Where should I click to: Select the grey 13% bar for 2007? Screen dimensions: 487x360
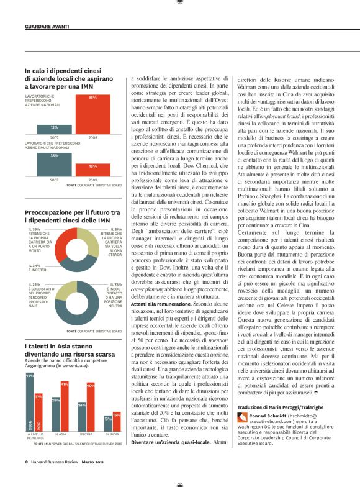point(55,129)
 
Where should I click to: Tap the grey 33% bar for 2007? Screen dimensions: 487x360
point(55,165)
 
